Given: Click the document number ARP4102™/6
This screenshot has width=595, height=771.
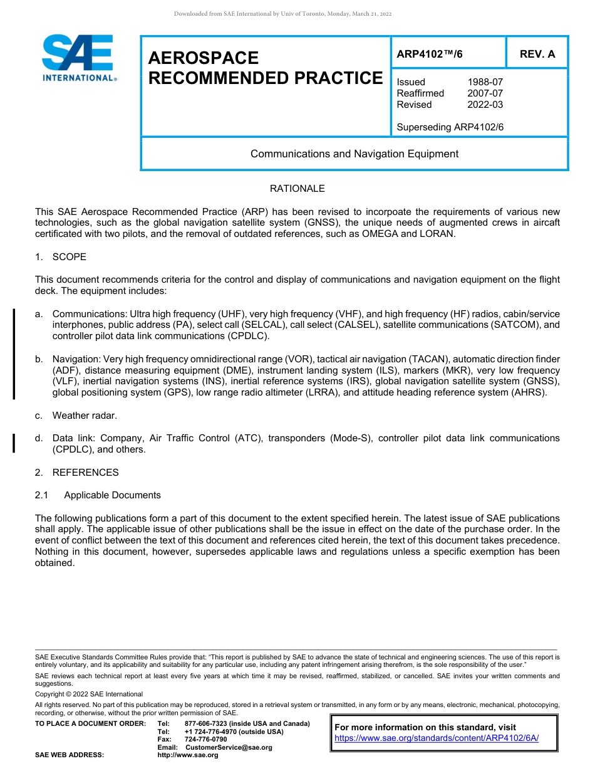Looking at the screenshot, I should pyautogui.click(x=430, y=54).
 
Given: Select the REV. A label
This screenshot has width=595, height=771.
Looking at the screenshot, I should pyautogui.click(x=537, y=54).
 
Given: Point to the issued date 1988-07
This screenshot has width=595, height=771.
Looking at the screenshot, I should pyautogui.click(x=485, y=82).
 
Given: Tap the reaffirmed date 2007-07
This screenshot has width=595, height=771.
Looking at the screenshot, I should pyautogui.click(x=485, y=93).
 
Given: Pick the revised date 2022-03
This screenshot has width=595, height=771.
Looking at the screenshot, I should pyautogui.click(x=485, y=105).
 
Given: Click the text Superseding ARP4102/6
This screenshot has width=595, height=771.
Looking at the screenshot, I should pyautogui.click(x=450, y=127).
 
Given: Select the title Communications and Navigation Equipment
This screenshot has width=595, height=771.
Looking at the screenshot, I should pyautogui.click(x=354, y=154).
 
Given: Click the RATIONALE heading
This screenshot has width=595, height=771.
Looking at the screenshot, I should pyautogui.click(x=297, y=189).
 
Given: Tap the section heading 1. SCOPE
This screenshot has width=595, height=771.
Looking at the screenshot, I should pyautogui.click(x=61, y=257).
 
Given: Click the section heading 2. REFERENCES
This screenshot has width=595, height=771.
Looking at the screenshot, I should pyautogui.click(x=76, y=472).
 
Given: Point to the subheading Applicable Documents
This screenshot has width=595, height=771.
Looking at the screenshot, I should pyautogui.click(x=112, y=495).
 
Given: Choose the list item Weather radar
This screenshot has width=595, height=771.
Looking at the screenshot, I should pyautogui.click(x=85, y=416).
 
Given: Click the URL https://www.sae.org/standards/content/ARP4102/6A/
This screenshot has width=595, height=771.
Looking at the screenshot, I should pyautogui.click(x=437, y=738).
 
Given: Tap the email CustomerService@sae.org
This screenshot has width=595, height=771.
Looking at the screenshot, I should pyautogui.click(x=229, y=747).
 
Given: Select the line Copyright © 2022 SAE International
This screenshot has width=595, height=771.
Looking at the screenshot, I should pyautogui.click(x=89, y=694).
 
